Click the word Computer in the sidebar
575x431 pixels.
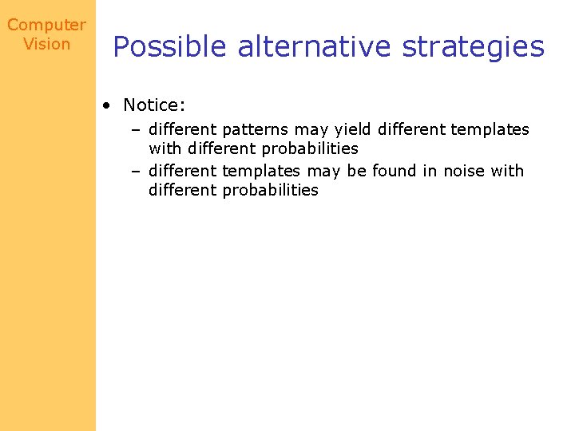pyautogui.click(x=46, y=26)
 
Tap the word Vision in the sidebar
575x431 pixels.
pyautogui.click(x=46, y=45)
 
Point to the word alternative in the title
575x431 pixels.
pyautogui.click(x=315, y=47)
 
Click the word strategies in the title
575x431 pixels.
pyautogui.click(x=473, y=47)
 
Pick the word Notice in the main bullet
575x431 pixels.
pyautogui.click(x=152, y=105)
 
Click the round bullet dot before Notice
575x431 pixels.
pyautogui.click(x=106, y=106)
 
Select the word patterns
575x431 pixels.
pyautogui.click(x=254, y=130)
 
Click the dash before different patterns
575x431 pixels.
pyautogui.click(x=137, y=130)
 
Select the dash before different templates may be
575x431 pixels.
pyautogui.click(x=137, y=171)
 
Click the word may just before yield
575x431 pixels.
pyautogui.click(x=311, y=130)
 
